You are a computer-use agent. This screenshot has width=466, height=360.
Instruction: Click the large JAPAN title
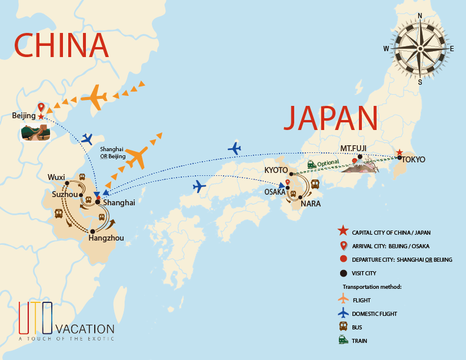point(330,118)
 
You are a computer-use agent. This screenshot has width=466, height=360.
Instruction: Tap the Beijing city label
point(24,116)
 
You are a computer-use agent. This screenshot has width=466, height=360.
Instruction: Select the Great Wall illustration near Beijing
point(35,132)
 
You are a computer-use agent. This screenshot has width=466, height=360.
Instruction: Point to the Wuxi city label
point(56,176)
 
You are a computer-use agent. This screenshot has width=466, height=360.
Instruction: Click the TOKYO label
point(414,159)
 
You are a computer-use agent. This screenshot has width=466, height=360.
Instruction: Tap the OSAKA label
point(275,192)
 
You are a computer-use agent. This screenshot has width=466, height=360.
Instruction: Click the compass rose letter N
point(420,16)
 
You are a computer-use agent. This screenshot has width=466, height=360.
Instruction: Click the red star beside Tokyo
point(400,152)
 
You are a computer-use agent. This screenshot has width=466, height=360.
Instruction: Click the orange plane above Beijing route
point(95,98)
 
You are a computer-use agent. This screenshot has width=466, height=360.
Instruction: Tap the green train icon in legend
point(343,340)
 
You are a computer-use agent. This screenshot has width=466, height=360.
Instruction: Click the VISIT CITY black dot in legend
point(343,272)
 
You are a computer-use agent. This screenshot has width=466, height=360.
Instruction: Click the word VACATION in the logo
point(85,328)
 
